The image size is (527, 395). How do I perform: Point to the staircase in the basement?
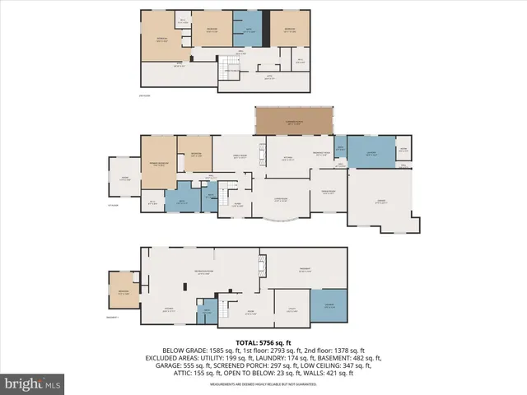pos(208,310)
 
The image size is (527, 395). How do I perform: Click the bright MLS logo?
pos(33,383)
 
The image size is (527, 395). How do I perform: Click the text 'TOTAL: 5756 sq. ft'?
pos(263,342)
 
